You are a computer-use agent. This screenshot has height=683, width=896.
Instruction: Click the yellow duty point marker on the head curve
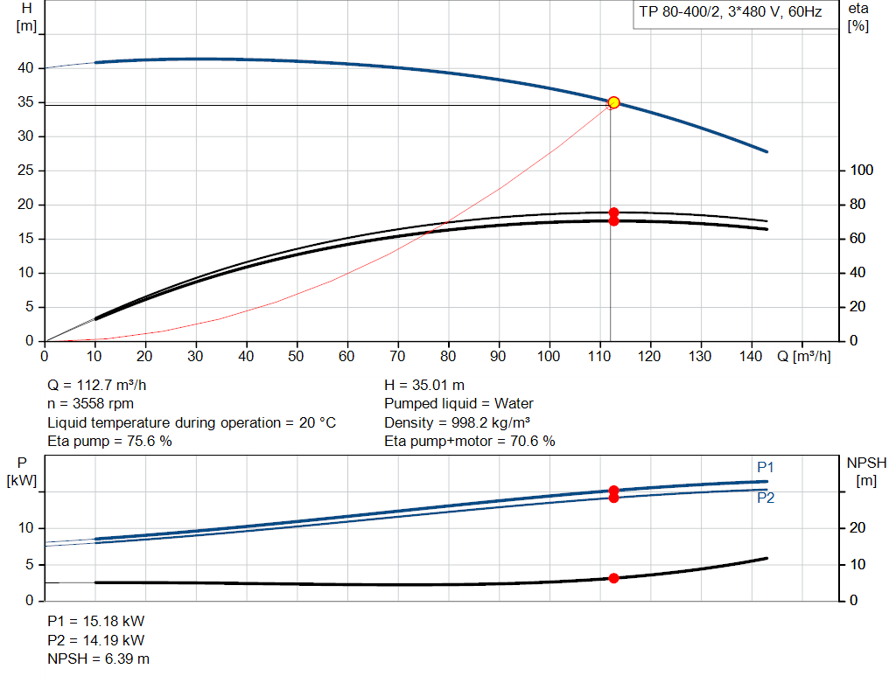(x=613, y=102)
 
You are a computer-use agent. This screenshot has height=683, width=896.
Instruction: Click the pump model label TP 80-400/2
(x=679, y=12)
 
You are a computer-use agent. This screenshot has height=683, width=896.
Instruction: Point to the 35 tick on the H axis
(x=25, y=102)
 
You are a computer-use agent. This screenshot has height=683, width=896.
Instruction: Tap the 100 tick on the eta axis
(x=862, y=171)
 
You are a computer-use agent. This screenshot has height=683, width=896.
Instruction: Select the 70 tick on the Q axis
(x=397, y=356)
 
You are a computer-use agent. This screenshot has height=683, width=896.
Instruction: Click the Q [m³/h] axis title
(x=803, y=356)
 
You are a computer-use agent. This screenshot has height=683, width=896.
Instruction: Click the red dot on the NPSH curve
(x=613, y=578)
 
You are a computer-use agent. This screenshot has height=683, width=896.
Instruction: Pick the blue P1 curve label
(x=765, y=467)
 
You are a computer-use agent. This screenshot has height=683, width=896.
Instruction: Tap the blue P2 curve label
(x=766, y=498)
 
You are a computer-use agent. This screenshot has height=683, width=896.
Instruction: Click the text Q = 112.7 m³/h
(x=96, y=386)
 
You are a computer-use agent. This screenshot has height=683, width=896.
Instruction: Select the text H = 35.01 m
(x=424, y=386)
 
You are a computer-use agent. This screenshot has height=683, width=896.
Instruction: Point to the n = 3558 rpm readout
(x=90, y=404)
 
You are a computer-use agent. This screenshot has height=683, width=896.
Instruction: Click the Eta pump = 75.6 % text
(x=109, y=442)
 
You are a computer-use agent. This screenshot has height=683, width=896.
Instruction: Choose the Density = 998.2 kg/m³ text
(x=457, y=422)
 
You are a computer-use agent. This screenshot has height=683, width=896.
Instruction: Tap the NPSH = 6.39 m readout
(x=98, y=659)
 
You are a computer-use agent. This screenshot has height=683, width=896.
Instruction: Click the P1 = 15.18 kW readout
(x=96, y=621)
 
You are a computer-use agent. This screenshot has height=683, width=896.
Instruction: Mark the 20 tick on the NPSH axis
(x=857, y=527)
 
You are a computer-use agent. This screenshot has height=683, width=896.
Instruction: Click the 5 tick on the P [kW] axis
(x=30, y=564)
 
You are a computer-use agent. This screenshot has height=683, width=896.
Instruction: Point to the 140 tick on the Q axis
(x=750, y=356)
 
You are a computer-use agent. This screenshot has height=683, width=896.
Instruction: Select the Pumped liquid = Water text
(x=458, y=404)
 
